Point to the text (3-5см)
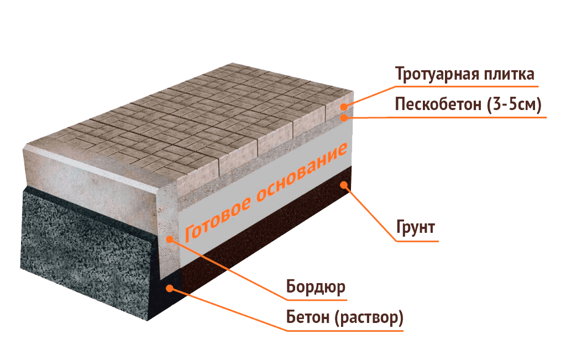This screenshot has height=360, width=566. [x=513, y=105]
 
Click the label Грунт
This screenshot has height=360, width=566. [x=416, y=227]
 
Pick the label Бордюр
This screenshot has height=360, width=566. [x=316, y=287]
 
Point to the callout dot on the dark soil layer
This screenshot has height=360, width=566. [x=345, y=185]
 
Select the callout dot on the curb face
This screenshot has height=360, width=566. [x=170, y=238]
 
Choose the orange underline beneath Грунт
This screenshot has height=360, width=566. [x=417, y=241]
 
